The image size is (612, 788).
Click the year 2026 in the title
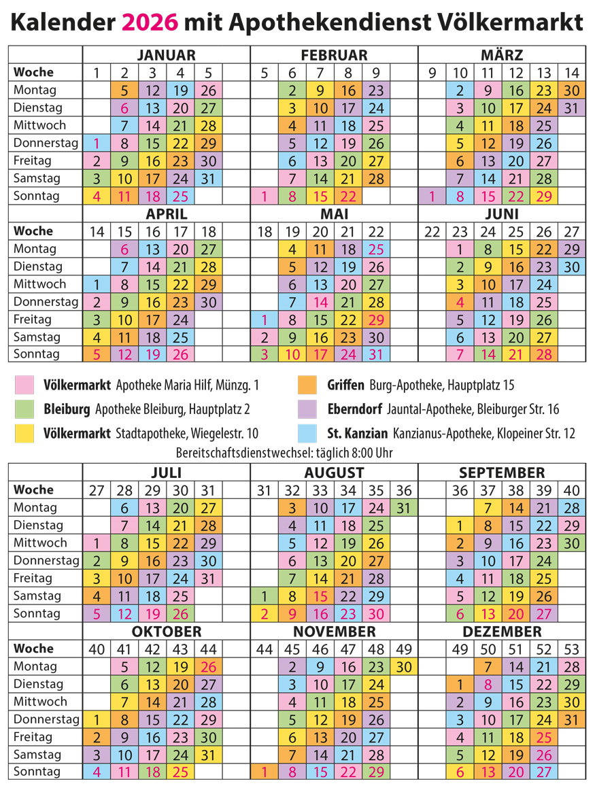150,23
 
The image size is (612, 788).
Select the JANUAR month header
166,55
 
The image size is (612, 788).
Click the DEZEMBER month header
502,632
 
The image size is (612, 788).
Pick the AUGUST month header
334,473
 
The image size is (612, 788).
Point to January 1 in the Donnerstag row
97,143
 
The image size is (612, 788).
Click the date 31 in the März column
571,107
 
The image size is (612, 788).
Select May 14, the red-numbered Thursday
320,302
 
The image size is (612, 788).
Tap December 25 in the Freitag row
543,737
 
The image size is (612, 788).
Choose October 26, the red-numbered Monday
208,666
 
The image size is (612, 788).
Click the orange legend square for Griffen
306,386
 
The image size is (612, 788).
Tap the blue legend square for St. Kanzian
306,433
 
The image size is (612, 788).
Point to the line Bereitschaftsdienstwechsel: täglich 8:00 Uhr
284,453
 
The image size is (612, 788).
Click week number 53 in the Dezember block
571,649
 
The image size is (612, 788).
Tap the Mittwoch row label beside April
40,284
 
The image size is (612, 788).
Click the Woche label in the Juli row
33,490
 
